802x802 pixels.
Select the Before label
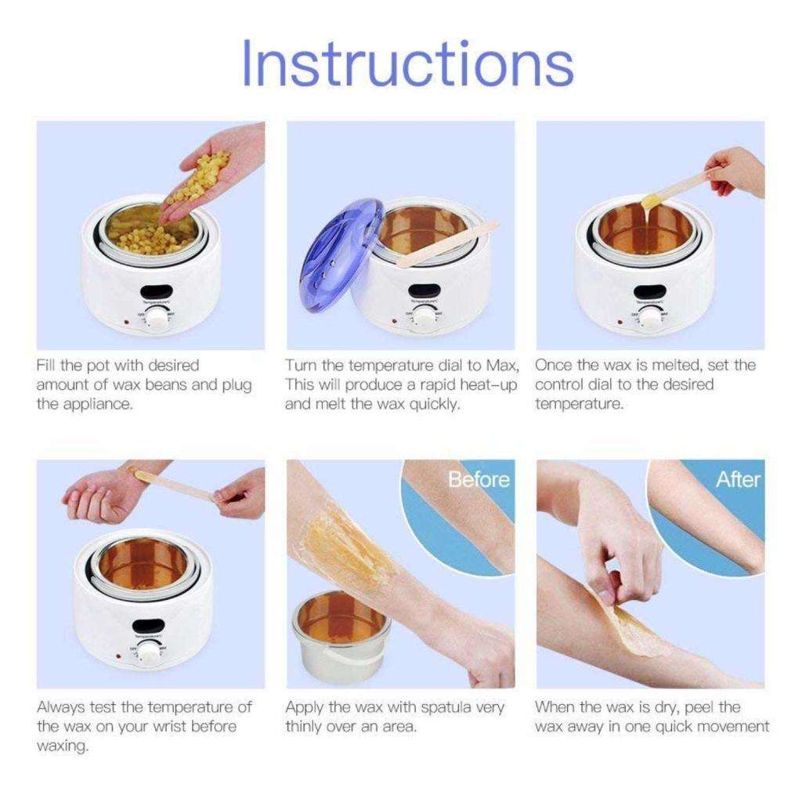click(x=479, y=479)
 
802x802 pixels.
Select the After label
click(x=737, y=479)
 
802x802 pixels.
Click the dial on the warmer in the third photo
click(x=650, y=317)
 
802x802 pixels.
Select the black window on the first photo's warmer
click(x=155, y=286)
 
